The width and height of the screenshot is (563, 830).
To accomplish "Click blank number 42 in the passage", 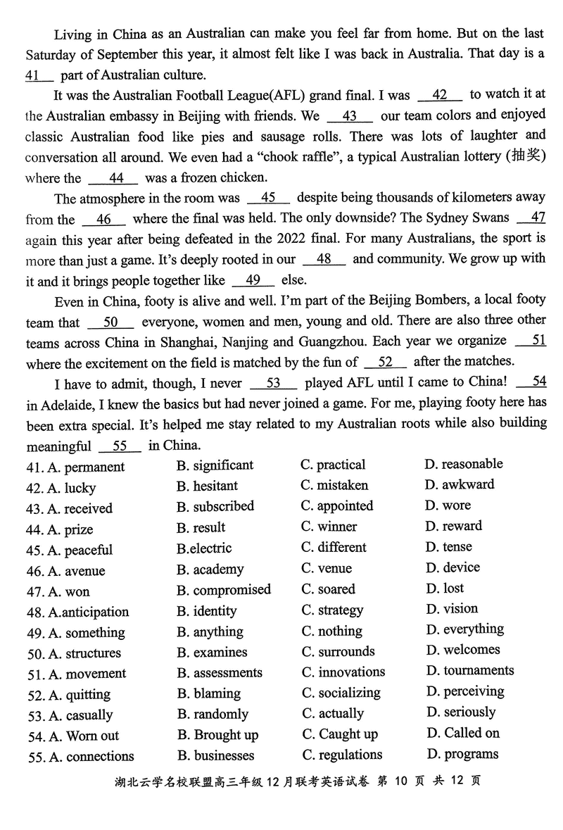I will tap(440, 95).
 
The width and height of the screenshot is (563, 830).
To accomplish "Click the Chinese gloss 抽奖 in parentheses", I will tap(525, 156).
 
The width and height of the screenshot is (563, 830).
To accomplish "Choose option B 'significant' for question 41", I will tap(215, 465).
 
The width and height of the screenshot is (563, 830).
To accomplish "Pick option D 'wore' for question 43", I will tap(448, 505).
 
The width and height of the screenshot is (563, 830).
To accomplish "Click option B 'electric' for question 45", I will tap(203, 548).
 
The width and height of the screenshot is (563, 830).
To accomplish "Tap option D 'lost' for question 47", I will tap(445, 588).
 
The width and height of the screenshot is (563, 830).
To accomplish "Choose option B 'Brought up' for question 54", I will tap(217, 735).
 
